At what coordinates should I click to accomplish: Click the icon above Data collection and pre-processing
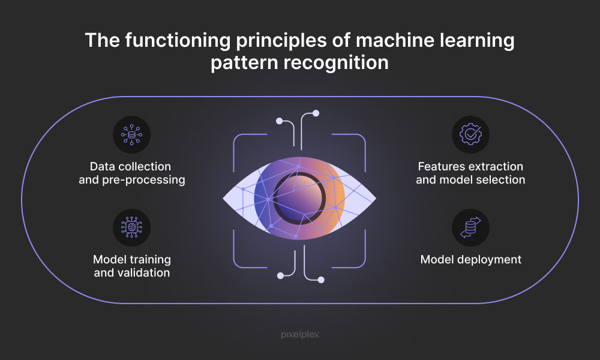(131, 134)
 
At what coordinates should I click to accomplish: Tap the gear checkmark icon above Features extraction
(470, 134)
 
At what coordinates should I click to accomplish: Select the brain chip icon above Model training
(131, 228)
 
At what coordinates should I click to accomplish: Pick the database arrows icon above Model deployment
(470, 228)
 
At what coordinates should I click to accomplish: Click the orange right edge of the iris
(339, 197)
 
